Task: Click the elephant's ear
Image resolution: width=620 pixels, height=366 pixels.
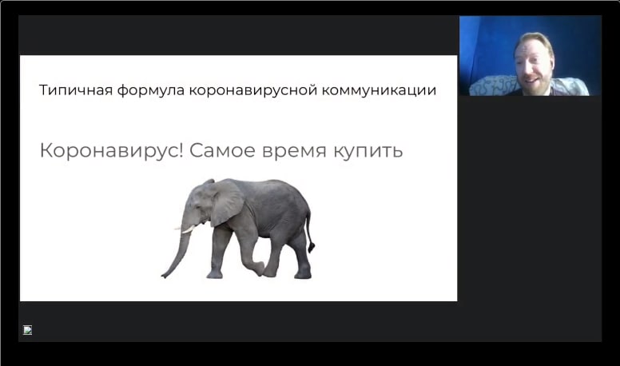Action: click(226, 201)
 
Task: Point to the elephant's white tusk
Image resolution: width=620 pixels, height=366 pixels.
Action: click(186, 229)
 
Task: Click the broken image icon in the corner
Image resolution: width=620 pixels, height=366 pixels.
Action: click(28, 329)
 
